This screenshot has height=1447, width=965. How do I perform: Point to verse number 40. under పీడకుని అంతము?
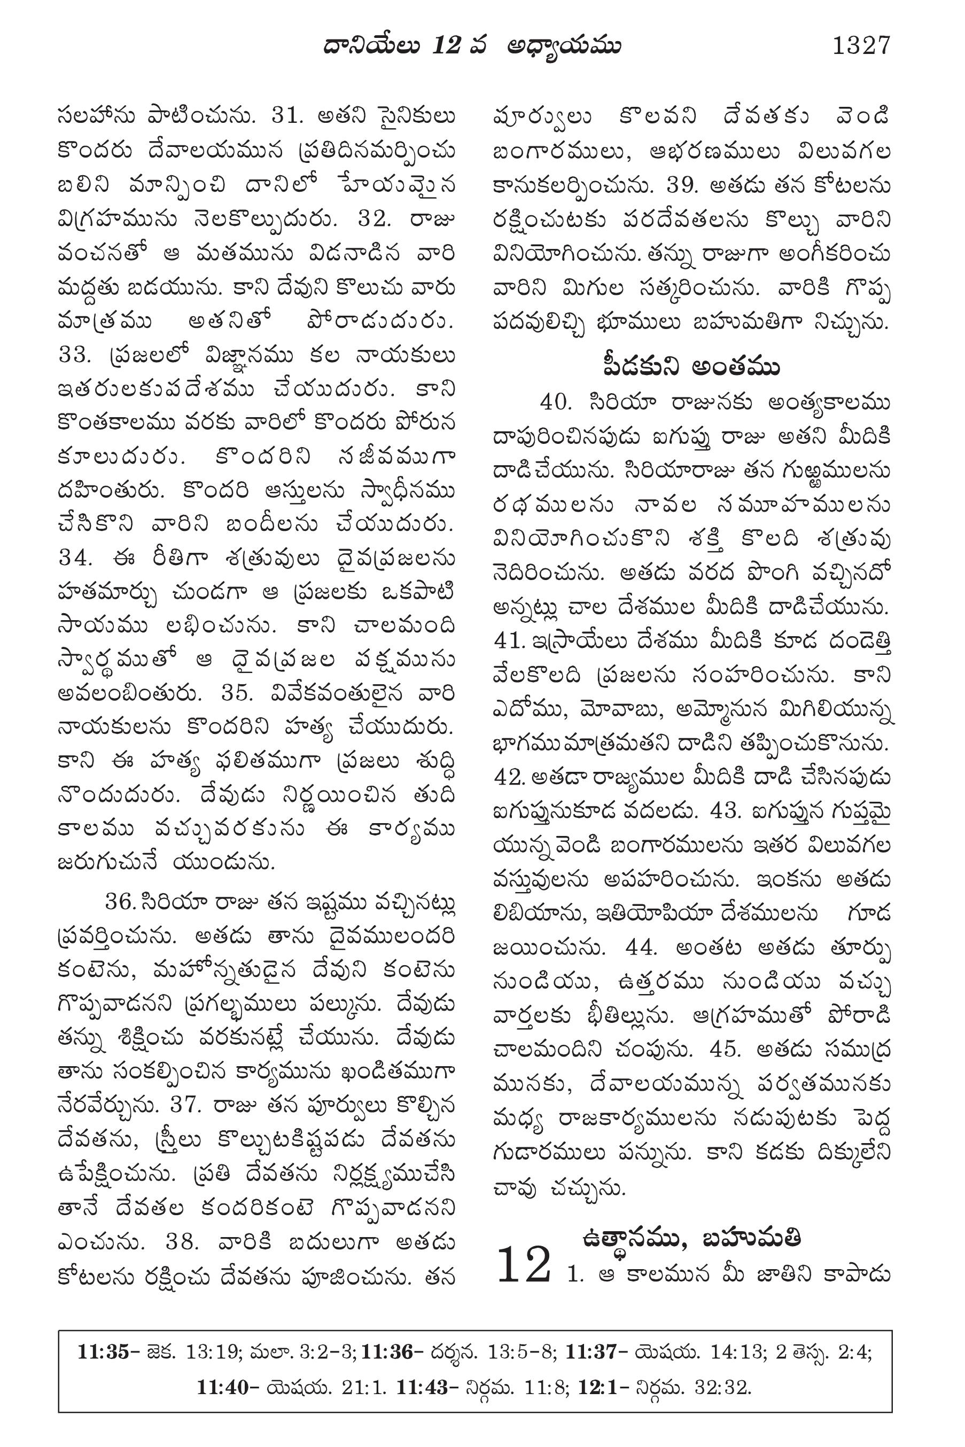[x=556, y=402]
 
